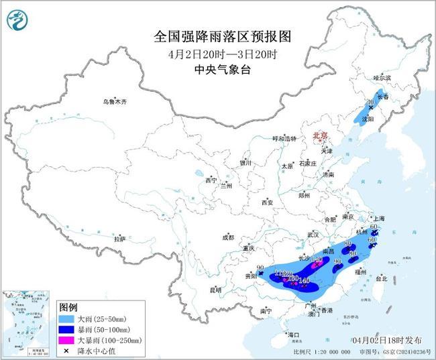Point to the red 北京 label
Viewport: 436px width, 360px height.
pyautogui.click(x=319, y=135)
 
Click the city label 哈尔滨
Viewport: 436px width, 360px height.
pyautogui.click(x=382, y=78)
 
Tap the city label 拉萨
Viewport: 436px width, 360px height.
pyautogui.click(x=119, y=239)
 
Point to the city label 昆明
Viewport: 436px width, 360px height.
pyautogui.click(x=215, y=290)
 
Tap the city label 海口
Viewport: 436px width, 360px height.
pyautogui.click(x=292, y=334)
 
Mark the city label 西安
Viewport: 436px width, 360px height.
pyautogui.click(x=268, y=202)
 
